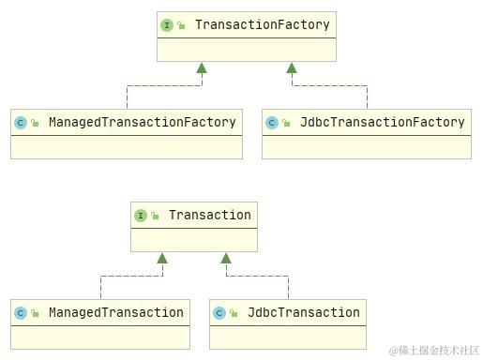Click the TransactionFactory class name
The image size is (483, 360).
(x=262, y=25)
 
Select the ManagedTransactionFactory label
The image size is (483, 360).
(x=142, y=122)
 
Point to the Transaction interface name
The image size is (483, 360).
(x=209, y=215)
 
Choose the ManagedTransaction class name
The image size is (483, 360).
(x=115, y=312)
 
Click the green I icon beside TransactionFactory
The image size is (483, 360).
(x=167, y=25)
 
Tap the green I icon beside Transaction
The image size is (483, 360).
(x=141, y=216)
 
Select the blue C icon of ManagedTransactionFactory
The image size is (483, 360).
(x=21, y=123)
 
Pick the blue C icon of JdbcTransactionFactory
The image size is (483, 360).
(x=272, y=123)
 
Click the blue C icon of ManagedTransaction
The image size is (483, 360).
(x=21, y=313)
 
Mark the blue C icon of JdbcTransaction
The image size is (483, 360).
(x=219, y=313)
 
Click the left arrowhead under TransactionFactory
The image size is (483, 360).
(x=202, y=67)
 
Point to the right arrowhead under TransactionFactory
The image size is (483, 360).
(x=292, y=67)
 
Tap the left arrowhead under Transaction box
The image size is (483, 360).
(x=162, y=258)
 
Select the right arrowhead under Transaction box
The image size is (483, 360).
(x=225, y=258)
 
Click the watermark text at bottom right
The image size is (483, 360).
(x=433, y=350)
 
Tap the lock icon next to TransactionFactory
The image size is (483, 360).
(x=181, y=25)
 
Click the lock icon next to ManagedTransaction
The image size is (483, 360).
(x=35, y=313)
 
